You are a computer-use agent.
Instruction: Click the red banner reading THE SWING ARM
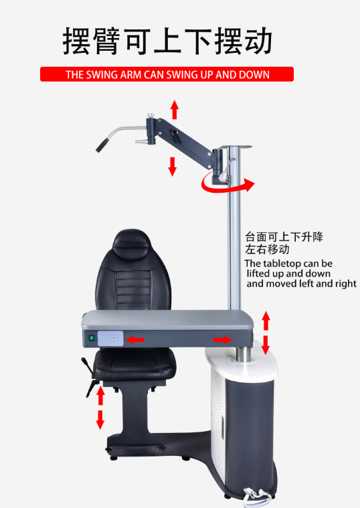tap(167, 74)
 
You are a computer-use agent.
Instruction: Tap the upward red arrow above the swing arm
tap(175, 110)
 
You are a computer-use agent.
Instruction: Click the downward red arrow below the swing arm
tap(173, 167)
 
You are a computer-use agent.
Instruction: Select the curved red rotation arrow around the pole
tap(227, 183)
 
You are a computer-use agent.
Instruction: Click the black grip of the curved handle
tap(102, 145)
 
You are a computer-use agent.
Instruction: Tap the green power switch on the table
tap(92, 338)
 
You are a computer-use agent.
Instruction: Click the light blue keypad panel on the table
tap(110, 338)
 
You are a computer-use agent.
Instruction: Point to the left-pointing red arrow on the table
tap(134, 340)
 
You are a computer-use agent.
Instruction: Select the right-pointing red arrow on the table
tap(223, 340)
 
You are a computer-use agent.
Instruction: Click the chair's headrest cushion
tap(131, 243)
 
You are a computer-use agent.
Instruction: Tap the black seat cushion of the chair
tap(134, 365)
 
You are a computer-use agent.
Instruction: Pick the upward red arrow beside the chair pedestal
tap(100, 396)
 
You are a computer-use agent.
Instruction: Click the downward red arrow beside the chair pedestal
tap(100, 420)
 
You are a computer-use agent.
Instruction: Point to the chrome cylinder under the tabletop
tap(244, 355)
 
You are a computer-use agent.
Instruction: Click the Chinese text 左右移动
tap(268, 250)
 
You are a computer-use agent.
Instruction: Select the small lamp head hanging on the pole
tap(223, 177)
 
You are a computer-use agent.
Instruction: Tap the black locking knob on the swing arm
tap(176, 136)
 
